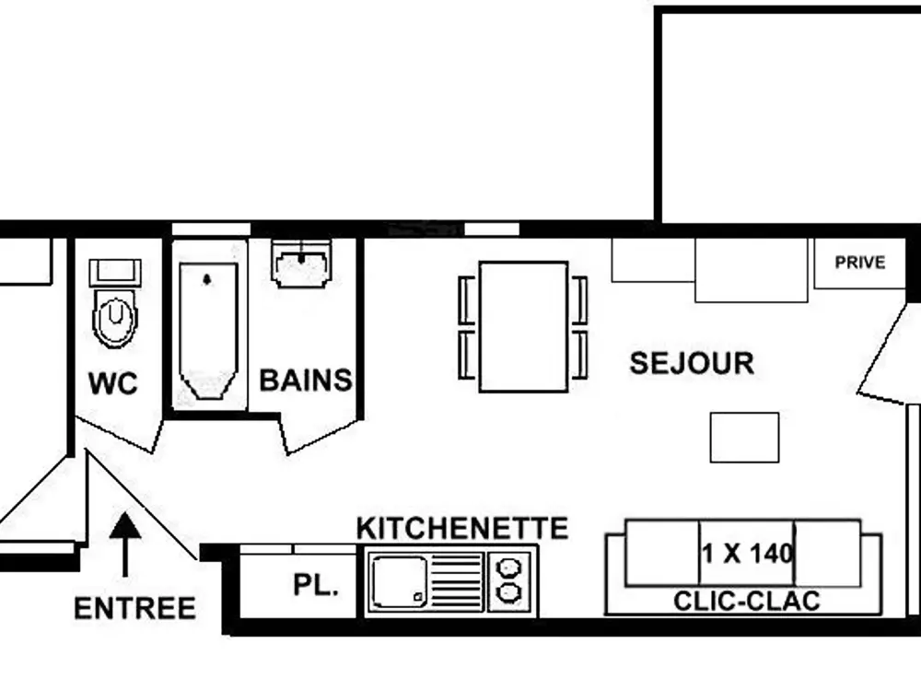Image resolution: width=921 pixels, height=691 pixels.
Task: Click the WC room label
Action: (112, 383)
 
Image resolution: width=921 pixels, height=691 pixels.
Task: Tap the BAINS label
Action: (306, 380)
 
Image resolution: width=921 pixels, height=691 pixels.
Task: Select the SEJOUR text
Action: (692, 363)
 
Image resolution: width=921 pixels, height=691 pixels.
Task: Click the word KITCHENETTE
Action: (461, 528)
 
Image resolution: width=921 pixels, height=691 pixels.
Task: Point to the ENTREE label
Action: (134, 608)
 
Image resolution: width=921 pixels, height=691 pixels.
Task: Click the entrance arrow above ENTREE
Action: (126, 544)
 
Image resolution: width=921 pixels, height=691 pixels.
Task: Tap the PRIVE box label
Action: (859, 263)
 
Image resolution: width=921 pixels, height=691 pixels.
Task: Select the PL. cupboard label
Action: (315, 585)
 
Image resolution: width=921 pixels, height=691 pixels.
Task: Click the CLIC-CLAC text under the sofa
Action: (747, 602)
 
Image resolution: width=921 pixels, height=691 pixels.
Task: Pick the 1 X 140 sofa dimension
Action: (747, 554)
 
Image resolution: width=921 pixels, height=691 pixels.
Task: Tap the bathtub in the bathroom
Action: (207, 332)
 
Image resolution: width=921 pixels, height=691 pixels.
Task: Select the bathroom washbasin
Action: (300, 266)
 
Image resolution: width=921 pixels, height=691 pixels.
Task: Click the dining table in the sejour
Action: (523, 326)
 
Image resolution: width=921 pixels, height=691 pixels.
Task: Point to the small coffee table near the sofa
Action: (744, 437)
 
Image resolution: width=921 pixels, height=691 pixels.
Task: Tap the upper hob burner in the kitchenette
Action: (507, 565)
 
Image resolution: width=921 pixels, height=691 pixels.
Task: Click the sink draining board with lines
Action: (458, 581)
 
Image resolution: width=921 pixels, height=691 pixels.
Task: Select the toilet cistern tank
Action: (115, 272)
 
